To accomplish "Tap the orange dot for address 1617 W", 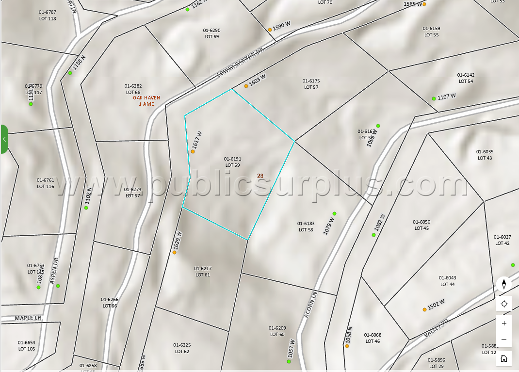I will click(193, 151).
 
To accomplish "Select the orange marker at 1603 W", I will click(246, 86).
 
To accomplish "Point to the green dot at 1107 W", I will click(434, 98).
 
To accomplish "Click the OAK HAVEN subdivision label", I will click(146, 97).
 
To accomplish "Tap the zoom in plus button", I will click(504, 323).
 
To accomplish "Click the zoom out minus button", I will click(504, 339).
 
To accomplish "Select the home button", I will click(504, 358).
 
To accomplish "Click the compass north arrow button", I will click(504, 284).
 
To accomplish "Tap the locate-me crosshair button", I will click(504, 304).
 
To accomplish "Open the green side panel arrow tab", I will click(4, 139).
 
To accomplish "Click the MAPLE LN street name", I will click(28, 318).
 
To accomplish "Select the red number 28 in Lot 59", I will click(260, 176).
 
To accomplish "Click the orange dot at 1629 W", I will click(174, 252).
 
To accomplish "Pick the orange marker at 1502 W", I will click(424, 309).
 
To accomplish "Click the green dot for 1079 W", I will click(334, 213).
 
